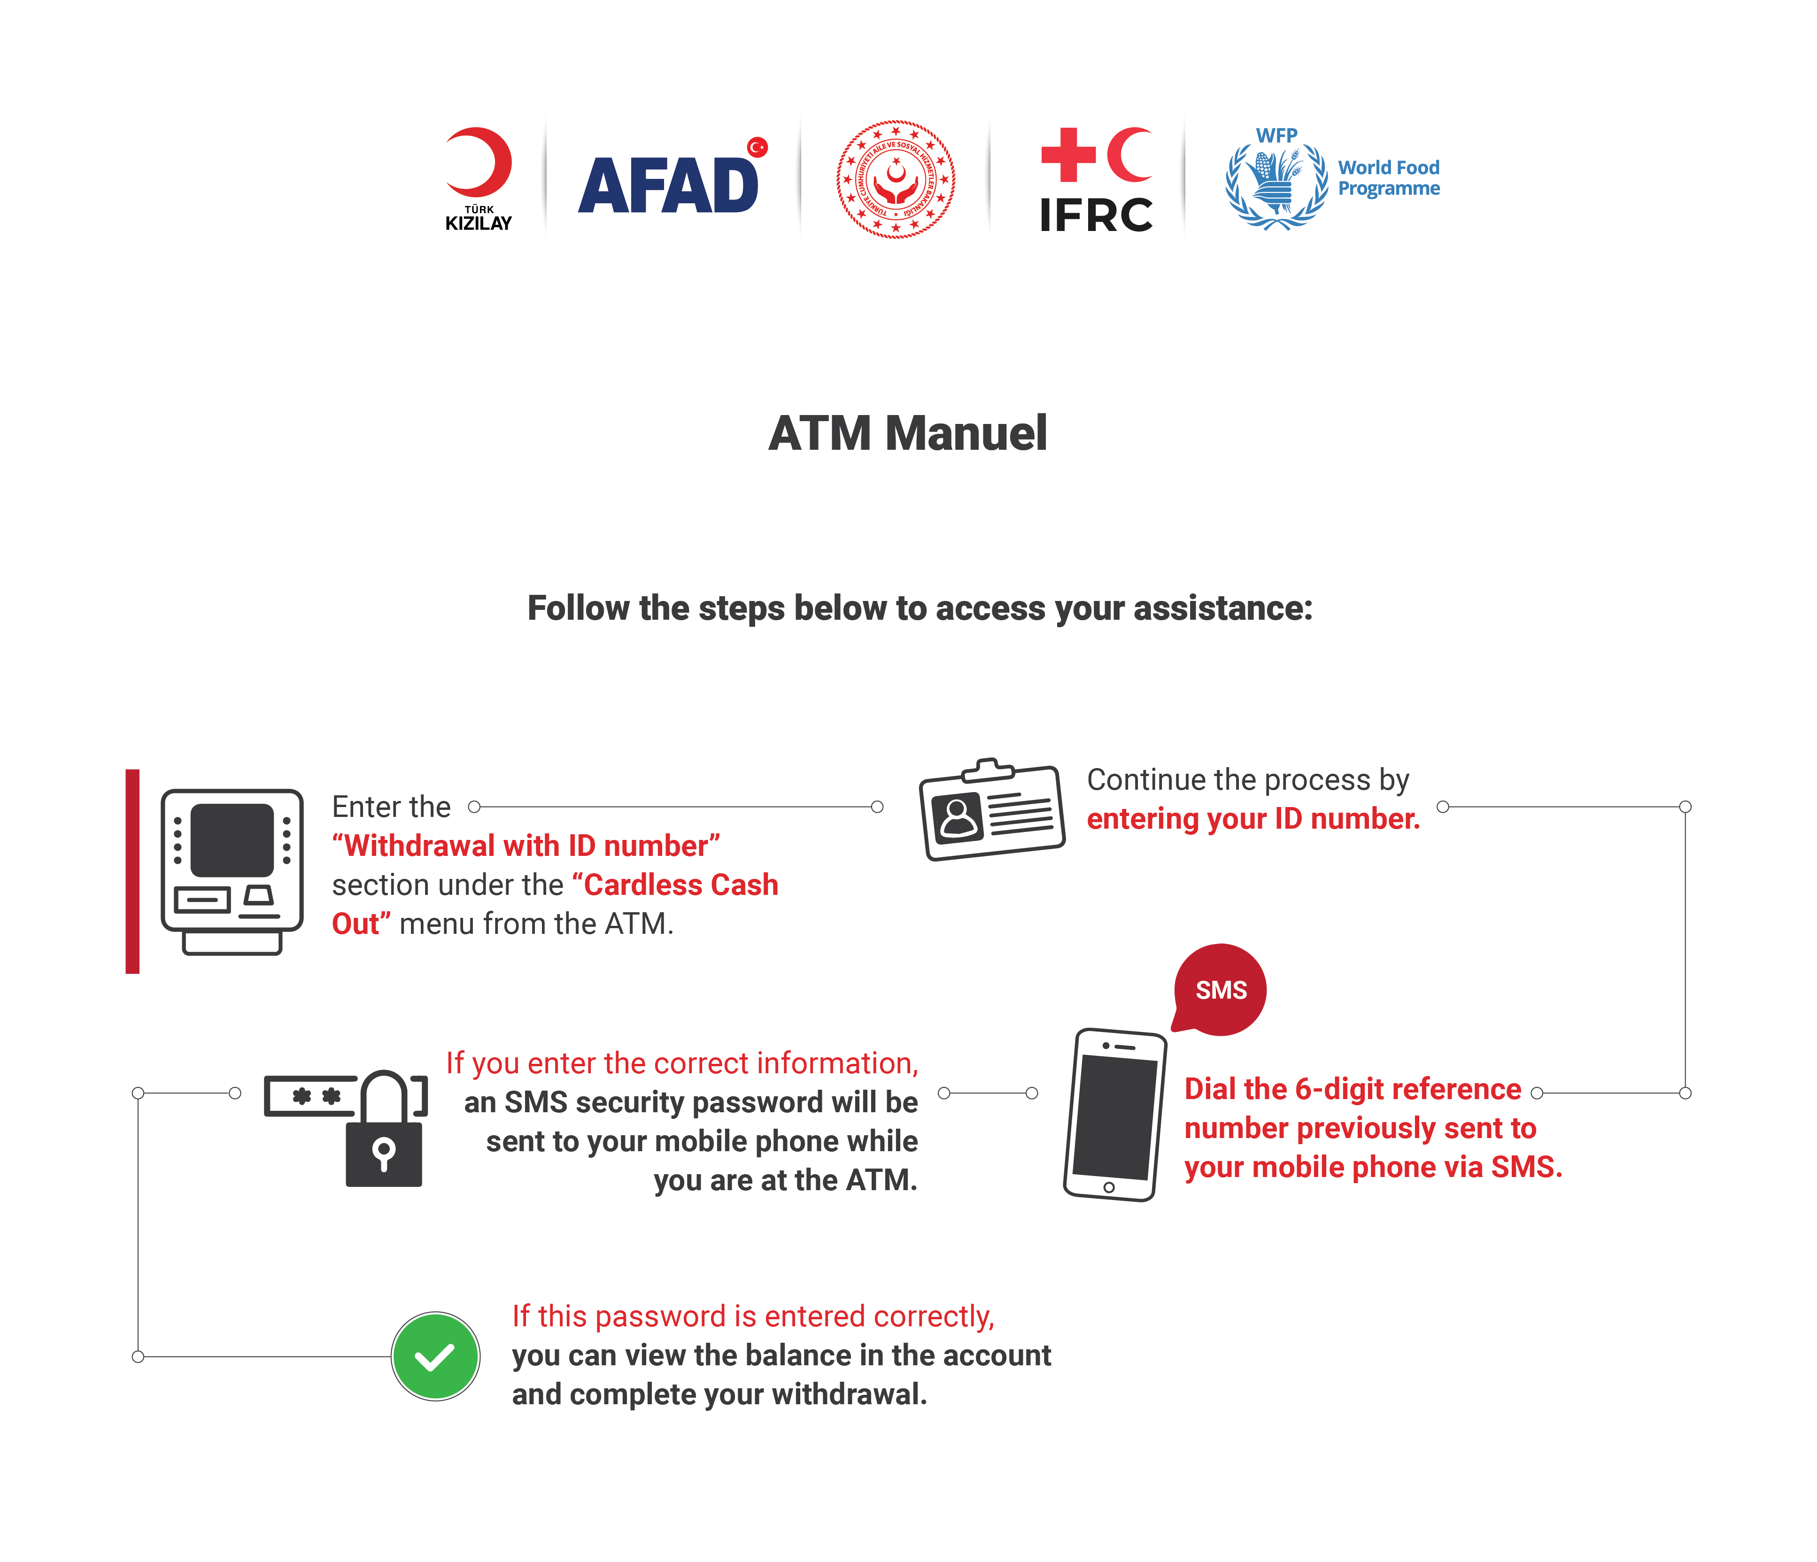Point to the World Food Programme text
coord(1388,178)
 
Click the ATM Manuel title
coord(908,433)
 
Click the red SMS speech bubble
coord(1220,990)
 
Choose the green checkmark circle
coord(435,1356)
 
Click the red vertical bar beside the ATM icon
coord(132,871)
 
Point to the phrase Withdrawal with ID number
coord(526,846)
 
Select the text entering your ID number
coord(1253,819)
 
